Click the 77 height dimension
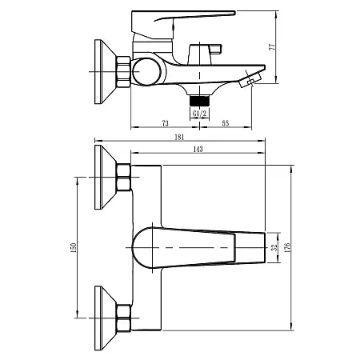pos(273,47)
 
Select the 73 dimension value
pos(164,123)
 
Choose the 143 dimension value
pos(197,150)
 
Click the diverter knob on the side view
pos(198,55)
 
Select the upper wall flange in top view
pos(105,177)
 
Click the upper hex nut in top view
pos(124,178)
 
